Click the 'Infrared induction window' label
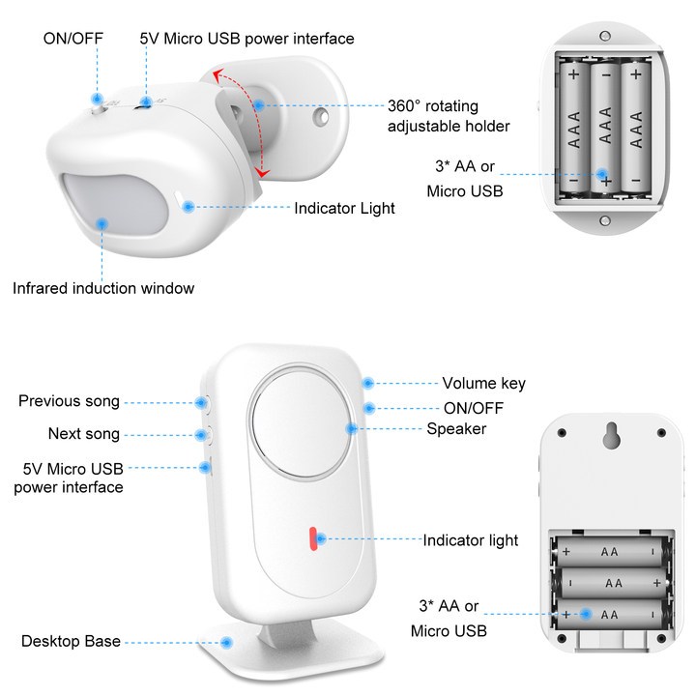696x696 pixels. click(103, 288)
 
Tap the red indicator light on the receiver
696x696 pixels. click(313, 538)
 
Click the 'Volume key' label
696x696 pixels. click(484, 383)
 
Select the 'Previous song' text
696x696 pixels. click(69, 401)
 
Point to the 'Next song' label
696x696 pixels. click(84, 434)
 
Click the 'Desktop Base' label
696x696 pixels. click(71, 641)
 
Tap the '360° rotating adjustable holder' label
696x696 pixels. click(449, 116)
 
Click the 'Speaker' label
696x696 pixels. click(456, 429)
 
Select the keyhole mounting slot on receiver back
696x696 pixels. click(612, 435)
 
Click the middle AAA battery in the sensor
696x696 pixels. click(605, 129)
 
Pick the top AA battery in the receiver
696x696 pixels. click(610, 552)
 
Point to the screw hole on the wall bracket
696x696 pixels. click(320, 117)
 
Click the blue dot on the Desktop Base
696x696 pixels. click(227, 642)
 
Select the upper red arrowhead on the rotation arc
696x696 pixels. click(217, 75)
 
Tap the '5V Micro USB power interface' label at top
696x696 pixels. click(246, 39)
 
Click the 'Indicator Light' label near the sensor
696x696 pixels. click(344, 208)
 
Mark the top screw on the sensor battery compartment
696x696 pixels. click(604, 36)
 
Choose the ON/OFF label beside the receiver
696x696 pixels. click(474, 408)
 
